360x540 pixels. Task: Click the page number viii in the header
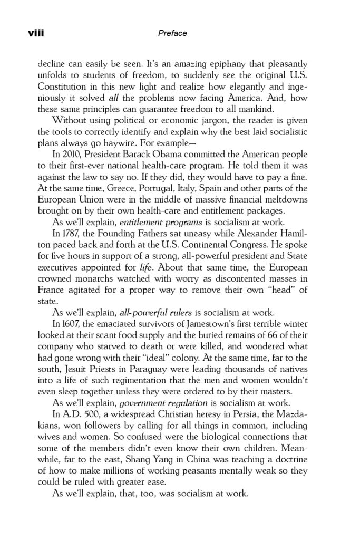tap(35, 33)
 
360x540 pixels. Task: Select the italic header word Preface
tap(172, 33)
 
